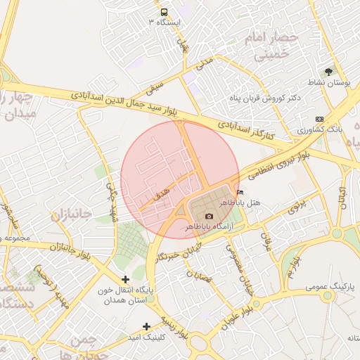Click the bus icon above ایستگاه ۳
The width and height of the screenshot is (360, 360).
(x=164, y=12)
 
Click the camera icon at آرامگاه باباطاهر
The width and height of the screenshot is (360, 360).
(x=208, y=217)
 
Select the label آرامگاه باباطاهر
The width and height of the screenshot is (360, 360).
(x=208, y=227)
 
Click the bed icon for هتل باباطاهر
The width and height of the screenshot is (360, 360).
(x=241, y=192)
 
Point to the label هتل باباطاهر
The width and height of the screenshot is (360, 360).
(x=242, y=202)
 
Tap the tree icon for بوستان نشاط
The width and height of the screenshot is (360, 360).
(x=328, y=72)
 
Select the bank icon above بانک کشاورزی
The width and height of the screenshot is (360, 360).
(x=320, y=119)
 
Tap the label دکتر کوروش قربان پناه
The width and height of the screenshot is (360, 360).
(x=270, y=98)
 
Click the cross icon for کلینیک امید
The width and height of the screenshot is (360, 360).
(x=146, y=326)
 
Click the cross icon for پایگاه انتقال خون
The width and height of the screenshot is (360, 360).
(x=125, y=279)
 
